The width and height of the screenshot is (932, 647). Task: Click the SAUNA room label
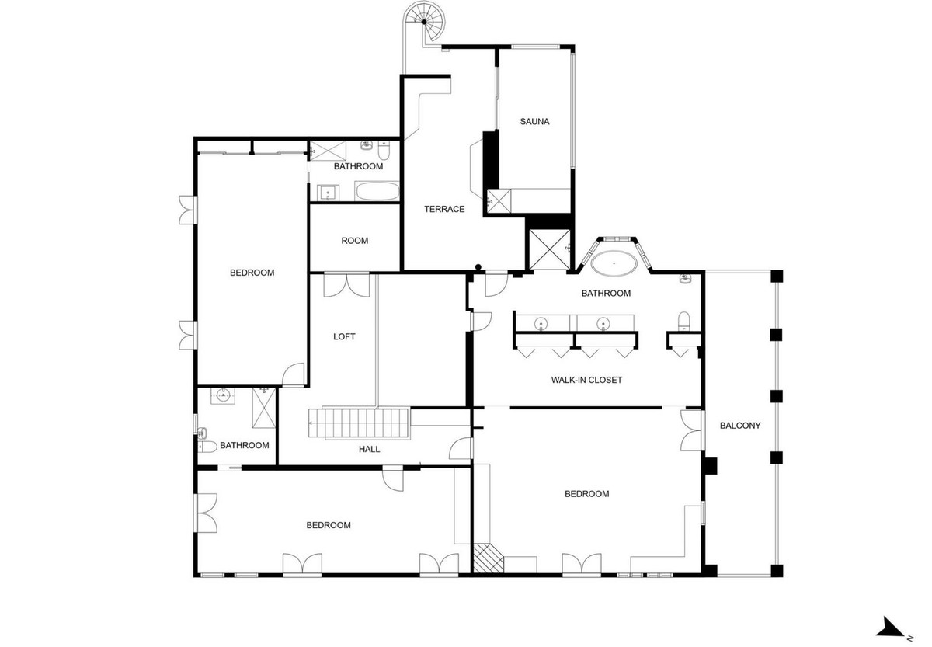534,121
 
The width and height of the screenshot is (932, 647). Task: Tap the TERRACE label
444,209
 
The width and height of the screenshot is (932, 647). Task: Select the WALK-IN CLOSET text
586,380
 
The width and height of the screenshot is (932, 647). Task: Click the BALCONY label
739,425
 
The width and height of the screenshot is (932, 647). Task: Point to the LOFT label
344,336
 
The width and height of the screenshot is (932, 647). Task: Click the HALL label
369,449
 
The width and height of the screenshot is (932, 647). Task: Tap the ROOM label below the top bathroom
355,241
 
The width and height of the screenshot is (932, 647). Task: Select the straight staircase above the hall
360,423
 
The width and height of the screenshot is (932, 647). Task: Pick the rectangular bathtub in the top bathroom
377,191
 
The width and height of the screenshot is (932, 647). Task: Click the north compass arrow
891,625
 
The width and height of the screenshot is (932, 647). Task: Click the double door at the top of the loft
346,284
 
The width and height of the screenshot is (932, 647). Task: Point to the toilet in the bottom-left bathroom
207,446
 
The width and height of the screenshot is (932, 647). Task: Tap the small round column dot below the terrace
478,268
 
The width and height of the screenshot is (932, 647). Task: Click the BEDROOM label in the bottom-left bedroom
328,525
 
